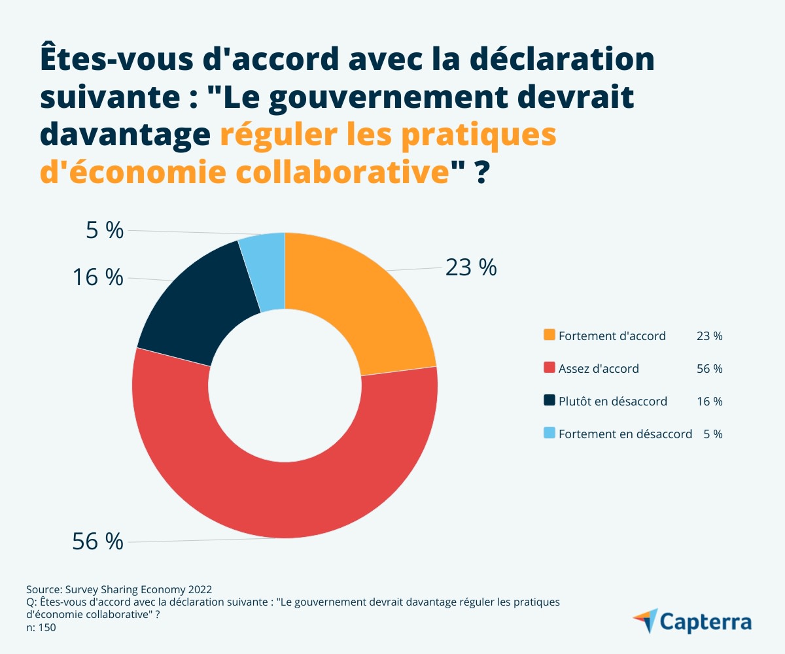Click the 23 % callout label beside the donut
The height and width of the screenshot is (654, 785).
tap(471, 267)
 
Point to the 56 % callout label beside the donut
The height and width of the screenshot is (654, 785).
tap(97, 542)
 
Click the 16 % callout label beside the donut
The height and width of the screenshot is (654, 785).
tap(97, 277)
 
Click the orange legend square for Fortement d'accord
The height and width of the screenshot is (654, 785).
tap(549, 336)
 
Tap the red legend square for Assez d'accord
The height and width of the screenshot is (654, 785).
tap(549, 368)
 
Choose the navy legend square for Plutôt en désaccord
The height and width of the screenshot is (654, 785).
tap(549, 401)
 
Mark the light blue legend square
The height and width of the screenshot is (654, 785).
tap(549, 433)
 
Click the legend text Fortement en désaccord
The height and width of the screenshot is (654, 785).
tap(625, 434)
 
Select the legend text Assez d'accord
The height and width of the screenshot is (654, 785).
tap(599, 368)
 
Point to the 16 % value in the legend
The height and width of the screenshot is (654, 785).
tap(710, 401)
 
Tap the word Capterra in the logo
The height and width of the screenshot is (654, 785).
tap(705, 621)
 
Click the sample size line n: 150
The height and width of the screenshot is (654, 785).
tap(41, 628)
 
